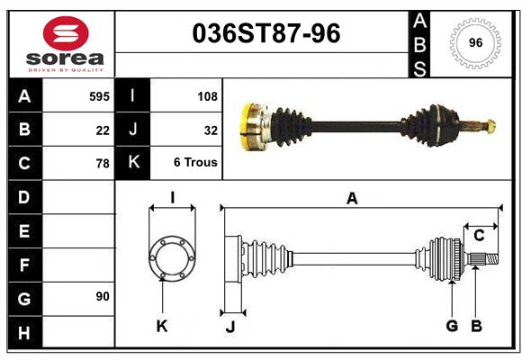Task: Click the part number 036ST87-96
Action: click(267, 34)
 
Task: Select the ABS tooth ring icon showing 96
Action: click(474, 42)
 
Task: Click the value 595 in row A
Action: click(99, 94)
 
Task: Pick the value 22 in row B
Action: click(103, 130)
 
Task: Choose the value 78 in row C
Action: click(103, 164)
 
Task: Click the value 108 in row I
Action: click(206, 94)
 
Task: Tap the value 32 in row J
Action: click(211, 130)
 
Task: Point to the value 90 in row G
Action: click(103, 296)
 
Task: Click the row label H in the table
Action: click(24, 333)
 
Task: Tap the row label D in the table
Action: click(24, 196)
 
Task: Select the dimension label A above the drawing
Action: click(352, 199)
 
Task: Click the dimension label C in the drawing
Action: click(479, 235)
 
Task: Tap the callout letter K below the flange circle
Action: click(162, 326)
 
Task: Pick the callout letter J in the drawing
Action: click(229, 326)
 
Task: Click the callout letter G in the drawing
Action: click(452, 326)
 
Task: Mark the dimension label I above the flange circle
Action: click(172, 197)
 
